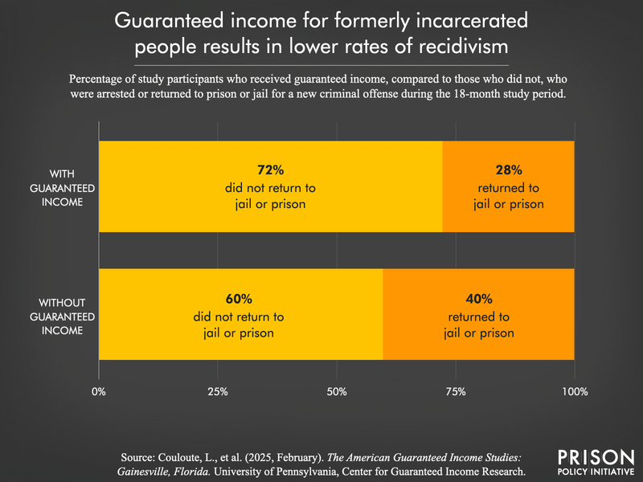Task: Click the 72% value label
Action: click(270, 170)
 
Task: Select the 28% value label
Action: click(508, 170)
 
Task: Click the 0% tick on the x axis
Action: click(99, 392)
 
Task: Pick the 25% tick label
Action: click(218, 392)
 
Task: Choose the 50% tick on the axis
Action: click(337, 392)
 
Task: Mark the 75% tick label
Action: click(456, 392)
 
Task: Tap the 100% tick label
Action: click(574, 392)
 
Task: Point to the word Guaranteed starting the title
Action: click(188, 19)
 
